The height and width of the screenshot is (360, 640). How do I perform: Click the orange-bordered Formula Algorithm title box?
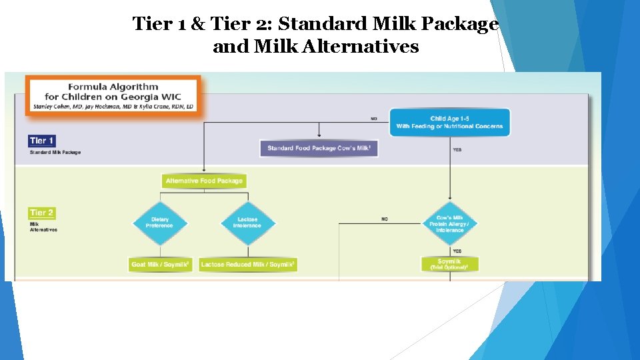(x=113, y=95)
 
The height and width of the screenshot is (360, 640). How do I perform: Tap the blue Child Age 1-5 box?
(x=449, y=122)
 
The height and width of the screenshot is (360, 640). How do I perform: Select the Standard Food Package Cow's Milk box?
(x=319, y=148)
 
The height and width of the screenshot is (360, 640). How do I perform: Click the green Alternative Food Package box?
(x=204, y=181)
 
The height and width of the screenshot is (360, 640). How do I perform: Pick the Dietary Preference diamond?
(x=160, y=223)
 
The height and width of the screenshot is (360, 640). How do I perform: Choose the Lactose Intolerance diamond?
(x=247, y=223)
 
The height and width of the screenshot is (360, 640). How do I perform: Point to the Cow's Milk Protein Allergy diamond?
(x=449, y=223)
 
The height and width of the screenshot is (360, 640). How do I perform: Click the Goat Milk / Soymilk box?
(x=161, y=265)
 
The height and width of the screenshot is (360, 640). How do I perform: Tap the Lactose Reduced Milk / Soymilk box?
(x=248, y=265)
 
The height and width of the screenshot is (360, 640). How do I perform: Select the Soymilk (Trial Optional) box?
(x=449, y=264)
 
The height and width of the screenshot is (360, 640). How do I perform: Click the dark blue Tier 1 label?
(x=41, y=141)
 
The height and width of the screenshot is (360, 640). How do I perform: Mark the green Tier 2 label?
(x=41, y=213)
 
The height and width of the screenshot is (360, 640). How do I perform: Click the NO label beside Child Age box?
(x=374, y=119)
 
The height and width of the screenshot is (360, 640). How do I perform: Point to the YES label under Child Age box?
(x=457, y=150)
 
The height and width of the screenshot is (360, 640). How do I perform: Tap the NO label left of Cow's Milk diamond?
(x=385, y=219)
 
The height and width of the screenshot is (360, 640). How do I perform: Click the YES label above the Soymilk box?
(x=457, y=251)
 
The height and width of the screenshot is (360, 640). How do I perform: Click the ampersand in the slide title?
(x=198, y=24)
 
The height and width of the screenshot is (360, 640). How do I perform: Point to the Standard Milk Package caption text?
(x=55, y=153)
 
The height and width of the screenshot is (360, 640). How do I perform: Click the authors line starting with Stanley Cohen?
(x=113, y=107)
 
